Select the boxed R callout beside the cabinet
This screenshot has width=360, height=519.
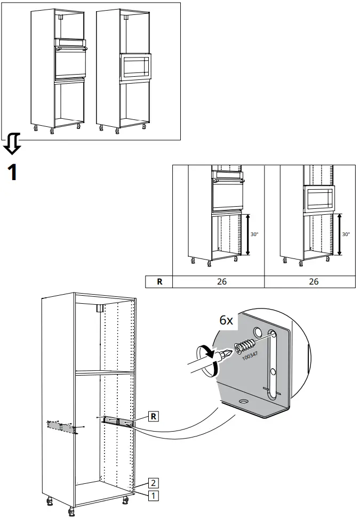click(x=153, y=416)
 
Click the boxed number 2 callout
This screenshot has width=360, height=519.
click(x=153, y=483)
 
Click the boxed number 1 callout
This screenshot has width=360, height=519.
click(x=153, y=495)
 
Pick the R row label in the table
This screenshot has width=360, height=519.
click(x=159, y=281)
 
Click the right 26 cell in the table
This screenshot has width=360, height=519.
click(x=313, y=281)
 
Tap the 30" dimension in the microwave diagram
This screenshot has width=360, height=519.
click(x=346, y=234)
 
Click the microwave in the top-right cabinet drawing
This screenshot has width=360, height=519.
click(x=135, y=68)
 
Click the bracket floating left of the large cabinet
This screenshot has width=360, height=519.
click(x=62, y=427)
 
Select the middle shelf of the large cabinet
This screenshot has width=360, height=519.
click(x=104, y=374)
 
